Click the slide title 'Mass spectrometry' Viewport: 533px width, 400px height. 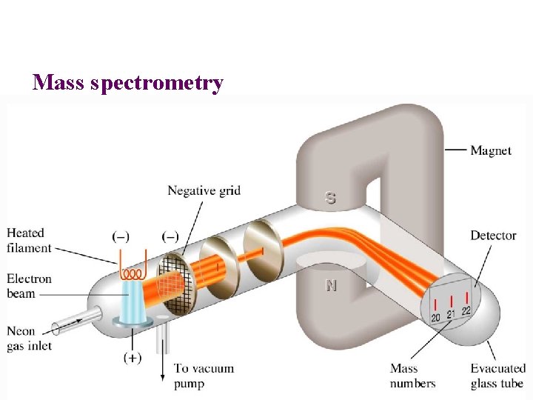click(127, 82)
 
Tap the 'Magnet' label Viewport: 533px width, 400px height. click(491, 150)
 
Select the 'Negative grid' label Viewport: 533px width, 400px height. click(204, 190)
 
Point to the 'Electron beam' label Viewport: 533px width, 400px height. click(29, 286)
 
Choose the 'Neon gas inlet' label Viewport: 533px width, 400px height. click(29, 338)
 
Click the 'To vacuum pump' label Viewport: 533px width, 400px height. click(204, 376)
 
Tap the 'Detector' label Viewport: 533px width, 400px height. click(493, 236)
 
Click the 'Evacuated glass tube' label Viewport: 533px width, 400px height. click(497, 376)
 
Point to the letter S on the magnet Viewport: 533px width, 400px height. click(330, 199)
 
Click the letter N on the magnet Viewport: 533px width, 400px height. click(330, 285)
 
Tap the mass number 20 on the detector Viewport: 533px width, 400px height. click(436, 317)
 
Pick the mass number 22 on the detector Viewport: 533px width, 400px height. click(466, 310)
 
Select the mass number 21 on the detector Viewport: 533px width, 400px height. click(451, 314)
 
